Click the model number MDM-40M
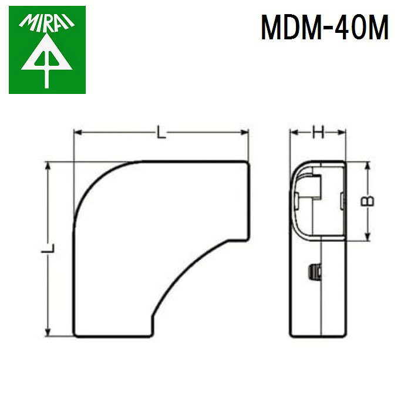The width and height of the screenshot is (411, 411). (325, 27)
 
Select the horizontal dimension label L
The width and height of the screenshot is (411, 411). (161, 132)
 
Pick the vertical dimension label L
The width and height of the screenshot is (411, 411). (48, 248)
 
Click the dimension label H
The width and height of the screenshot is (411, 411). (318, 132)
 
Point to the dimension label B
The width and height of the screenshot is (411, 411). (368, 201)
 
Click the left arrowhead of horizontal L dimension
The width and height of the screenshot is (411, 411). (78, 132)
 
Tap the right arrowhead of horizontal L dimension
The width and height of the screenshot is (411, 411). (244, 132)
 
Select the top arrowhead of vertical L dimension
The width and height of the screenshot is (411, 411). (48, 166)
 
